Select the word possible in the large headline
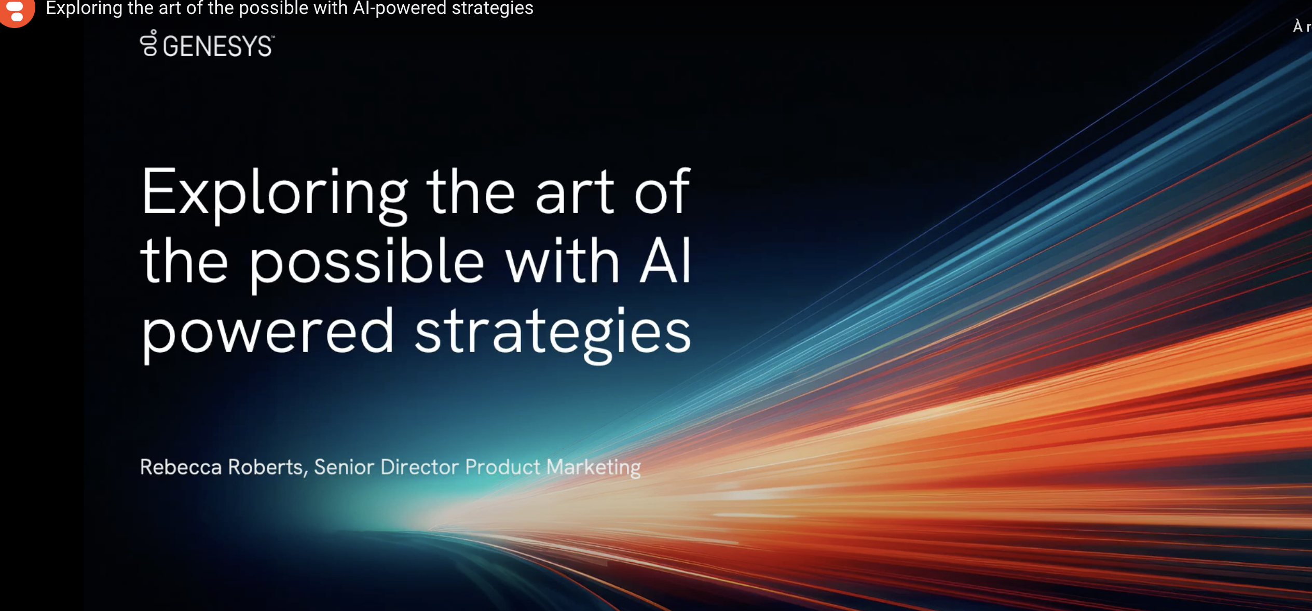pos(367,263)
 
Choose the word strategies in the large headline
pos(553,333)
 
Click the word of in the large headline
pos(662,191)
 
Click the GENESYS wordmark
pos(218,46)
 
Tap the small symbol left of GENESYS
pos(149,43)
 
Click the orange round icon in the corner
pos(17,11)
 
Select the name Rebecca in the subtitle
pos(181,467)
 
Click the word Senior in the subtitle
pos(344,467)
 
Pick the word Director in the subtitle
pos(420,467)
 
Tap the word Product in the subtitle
pos(502,467)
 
